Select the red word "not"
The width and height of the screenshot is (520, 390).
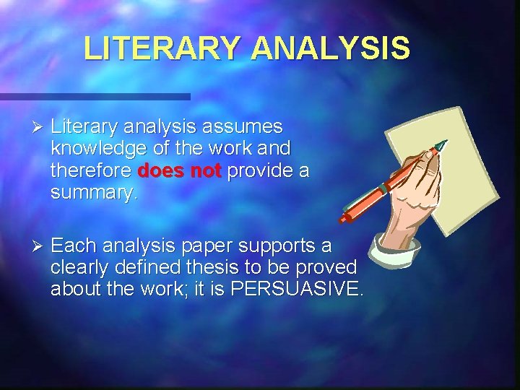tap(204, 171)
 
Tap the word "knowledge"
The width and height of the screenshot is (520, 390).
tap(96, 149)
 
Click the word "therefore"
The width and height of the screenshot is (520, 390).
tap(90, 171)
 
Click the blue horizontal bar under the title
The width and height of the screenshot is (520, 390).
tap(94, 96)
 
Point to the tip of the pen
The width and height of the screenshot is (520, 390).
tap(443, 143)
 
